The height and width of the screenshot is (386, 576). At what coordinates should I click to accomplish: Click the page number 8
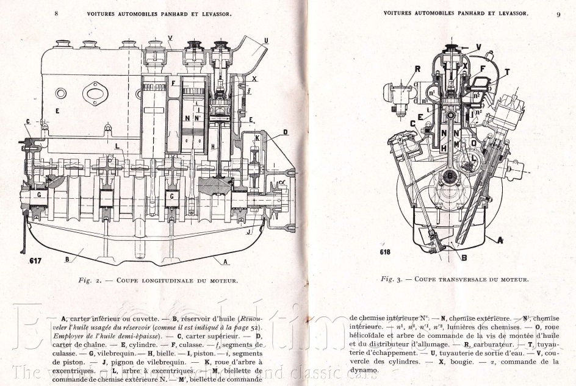[57, 12]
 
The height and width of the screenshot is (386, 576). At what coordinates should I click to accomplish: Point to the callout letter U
[266, 41]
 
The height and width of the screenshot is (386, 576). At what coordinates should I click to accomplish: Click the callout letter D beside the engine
[285, 132]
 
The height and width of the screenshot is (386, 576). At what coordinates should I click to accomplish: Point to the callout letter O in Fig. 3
[472, 143]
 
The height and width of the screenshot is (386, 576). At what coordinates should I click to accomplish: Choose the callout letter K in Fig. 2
[257, 138]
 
